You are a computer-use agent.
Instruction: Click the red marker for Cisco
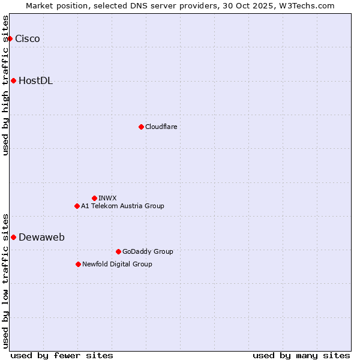[x=10, y=39]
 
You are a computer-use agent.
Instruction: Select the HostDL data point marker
[x=13, y=81]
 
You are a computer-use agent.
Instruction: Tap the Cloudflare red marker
[x=141, y=127]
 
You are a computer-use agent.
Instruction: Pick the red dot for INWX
[x=94, y=198]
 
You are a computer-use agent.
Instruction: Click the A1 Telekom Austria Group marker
[x=77, y=206]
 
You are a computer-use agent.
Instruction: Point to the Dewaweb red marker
[x=13, y=237]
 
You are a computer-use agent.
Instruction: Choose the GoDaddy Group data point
[x=118, y=251]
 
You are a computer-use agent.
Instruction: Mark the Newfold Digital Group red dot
[x=78, y=264]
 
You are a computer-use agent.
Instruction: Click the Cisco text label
[x=28, y=39]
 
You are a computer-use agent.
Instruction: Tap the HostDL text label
[x=36, y=81]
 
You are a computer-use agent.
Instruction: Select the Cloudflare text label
[x=161, y=127]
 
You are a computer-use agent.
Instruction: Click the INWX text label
[x=107, y=198]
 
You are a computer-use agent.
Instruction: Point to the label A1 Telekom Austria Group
[x=122, y=206]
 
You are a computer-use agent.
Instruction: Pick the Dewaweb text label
[x=41, y=237]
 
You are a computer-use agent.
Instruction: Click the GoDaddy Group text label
[x=148, y=251]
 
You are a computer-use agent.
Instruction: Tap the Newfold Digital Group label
[x=117, y=264]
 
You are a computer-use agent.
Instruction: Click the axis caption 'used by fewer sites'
[x=62, y=355]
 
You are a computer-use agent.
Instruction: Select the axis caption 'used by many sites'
[x=301, y=355]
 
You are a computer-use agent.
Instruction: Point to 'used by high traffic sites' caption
[x=6, y=85]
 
